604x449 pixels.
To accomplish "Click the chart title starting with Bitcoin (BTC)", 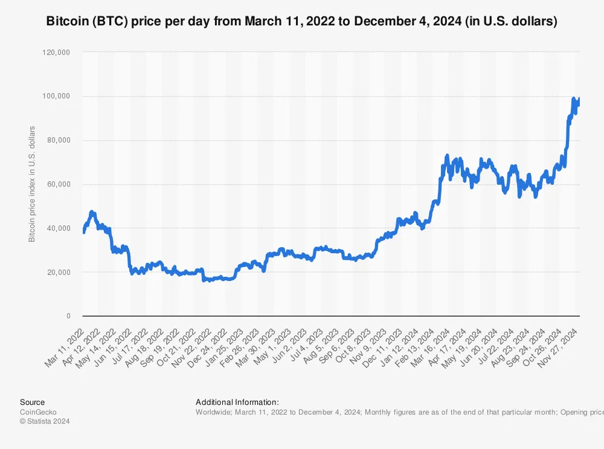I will pyautogui.click(x=301, y=21).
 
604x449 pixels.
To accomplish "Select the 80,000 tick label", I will pyautogui.click(x=60, y=141).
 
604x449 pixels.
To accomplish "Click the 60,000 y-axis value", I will pyautogui.click(x=60, y=184).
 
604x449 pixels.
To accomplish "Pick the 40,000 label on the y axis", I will pyautogui.click(x=60, y=228).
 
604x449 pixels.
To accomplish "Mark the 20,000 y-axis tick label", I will pyautogui.click(x=60, y=273).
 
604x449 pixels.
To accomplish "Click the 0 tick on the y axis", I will pyautogui.click(x=68, y=316).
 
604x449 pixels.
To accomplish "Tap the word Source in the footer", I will pyautogui.click(x=32, y=402).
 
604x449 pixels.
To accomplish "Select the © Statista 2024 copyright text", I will pyautogui.click(x=45, y=422).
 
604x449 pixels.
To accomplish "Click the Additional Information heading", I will pyautogui.click(x=237, y=402).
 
